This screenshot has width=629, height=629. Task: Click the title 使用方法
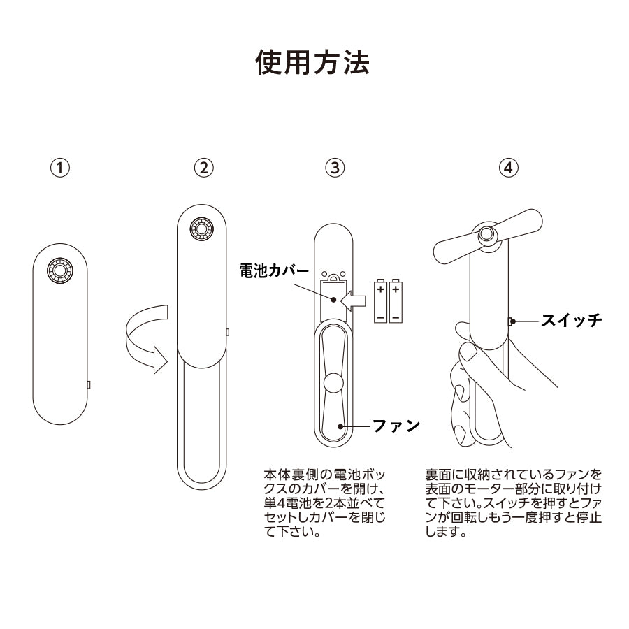(x=312, y=63)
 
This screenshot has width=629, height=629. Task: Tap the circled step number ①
(x=60, y=168)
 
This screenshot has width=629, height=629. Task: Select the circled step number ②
(x=204, y=168)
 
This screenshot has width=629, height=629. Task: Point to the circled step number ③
(x=335, y=168)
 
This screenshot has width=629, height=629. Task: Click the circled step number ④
(x=508, y=168)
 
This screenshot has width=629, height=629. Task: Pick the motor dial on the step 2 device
(x=202, y=229)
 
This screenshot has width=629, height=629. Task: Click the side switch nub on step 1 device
(x=89, y=385)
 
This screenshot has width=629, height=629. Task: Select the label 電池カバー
(x=275, y=270)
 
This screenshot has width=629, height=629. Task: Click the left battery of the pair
(x=381, y=301)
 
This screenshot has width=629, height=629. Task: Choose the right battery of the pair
(x=396, y=301)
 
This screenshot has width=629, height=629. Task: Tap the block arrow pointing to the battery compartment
(x=353, y=301)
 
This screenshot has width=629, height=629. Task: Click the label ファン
(x=396, y=425)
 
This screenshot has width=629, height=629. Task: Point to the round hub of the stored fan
(x=334, y=384)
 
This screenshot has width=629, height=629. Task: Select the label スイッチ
(x=572, y=320)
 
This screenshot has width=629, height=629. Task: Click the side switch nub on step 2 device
(x=227, y=333)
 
